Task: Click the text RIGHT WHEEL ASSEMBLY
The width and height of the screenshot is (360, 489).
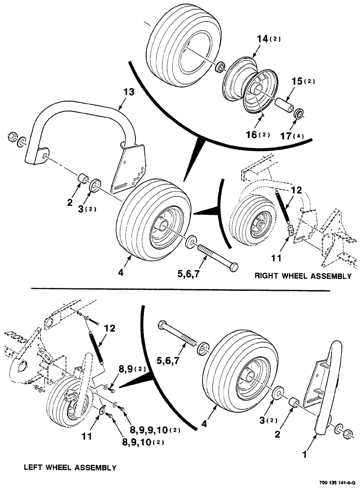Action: (x=303, y=276)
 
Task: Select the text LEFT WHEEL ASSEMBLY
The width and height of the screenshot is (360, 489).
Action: (x=70, y=467)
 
